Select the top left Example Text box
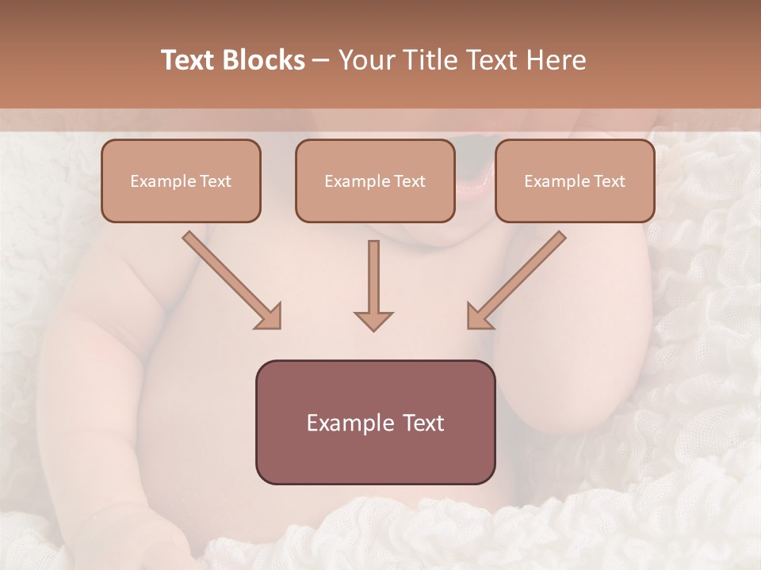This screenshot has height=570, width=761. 181,180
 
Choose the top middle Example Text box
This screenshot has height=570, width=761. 375,180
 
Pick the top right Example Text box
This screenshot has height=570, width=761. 575,180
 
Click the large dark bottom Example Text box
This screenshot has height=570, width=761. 375,422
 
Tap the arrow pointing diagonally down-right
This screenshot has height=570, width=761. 230,279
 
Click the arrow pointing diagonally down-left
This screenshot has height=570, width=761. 518,279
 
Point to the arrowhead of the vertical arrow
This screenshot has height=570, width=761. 373,320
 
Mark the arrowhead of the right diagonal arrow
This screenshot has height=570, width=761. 480,316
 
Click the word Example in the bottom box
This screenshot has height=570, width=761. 346,423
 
